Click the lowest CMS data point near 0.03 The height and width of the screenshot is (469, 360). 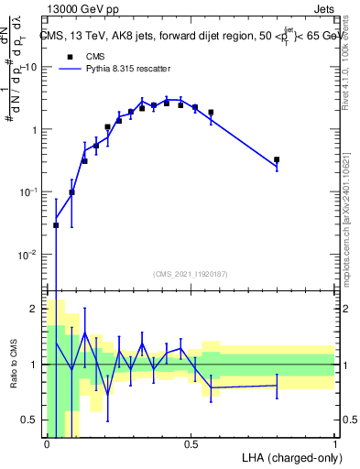(x=56, y=224)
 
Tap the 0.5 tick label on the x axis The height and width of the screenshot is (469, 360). (x=191, y=444)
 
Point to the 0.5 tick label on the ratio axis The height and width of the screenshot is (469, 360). (x=31, y=420)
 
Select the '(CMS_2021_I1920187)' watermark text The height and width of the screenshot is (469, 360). (x=191, y=274)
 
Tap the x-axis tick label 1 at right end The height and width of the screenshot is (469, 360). (x=334, y=444)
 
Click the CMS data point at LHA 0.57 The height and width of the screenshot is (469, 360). (x=211, y=113)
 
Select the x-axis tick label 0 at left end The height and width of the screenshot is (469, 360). (x=47, y=444)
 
